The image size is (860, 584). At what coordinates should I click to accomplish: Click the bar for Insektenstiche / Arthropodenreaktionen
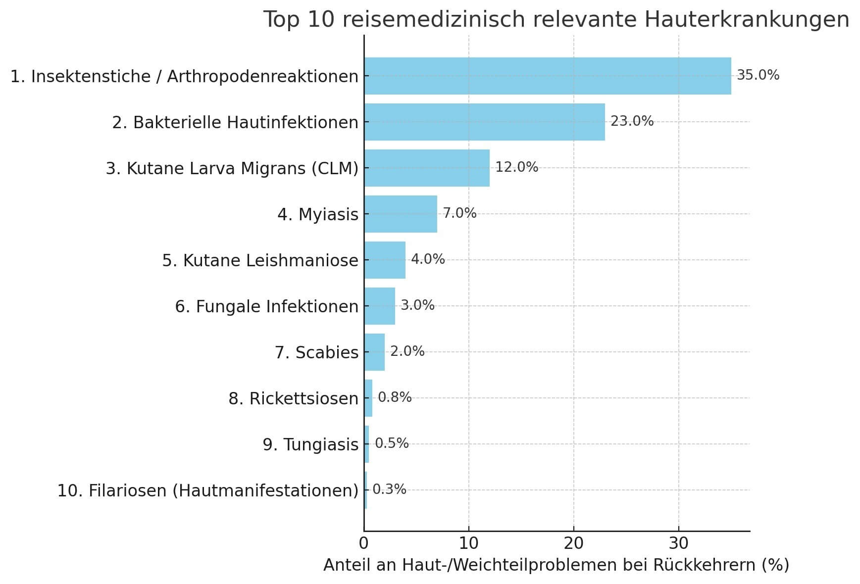[547, 76]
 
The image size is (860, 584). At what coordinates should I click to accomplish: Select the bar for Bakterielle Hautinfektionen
[484, 122]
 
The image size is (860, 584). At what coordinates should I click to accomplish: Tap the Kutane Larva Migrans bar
[427, 168]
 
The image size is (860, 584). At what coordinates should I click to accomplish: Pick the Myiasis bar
[401, 214]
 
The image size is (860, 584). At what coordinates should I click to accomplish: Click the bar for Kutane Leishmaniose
[385, 260]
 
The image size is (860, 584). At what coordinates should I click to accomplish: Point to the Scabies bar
[374, 352]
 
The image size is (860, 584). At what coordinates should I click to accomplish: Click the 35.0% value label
[758, 75]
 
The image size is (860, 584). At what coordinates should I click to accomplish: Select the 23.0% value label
[632, 121]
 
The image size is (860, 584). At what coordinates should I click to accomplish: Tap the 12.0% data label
[516, 167]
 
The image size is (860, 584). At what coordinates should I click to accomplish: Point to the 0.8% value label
[395, 397]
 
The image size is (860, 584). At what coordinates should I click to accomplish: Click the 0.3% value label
[389, 489]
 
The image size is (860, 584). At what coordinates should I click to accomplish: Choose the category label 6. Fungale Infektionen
[266, 306]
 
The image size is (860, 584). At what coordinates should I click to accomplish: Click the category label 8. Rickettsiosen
[293, 398]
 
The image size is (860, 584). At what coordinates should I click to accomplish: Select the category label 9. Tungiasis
[310, 444]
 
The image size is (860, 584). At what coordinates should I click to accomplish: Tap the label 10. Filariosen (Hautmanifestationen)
[207, 490]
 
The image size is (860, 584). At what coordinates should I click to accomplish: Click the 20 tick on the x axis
[573, 543]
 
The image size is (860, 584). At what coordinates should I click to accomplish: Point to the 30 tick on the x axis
[678, 543]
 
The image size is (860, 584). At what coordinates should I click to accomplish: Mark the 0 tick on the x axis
[364, 543]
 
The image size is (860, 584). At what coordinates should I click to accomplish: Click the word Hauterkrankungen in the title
[747, 20]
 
